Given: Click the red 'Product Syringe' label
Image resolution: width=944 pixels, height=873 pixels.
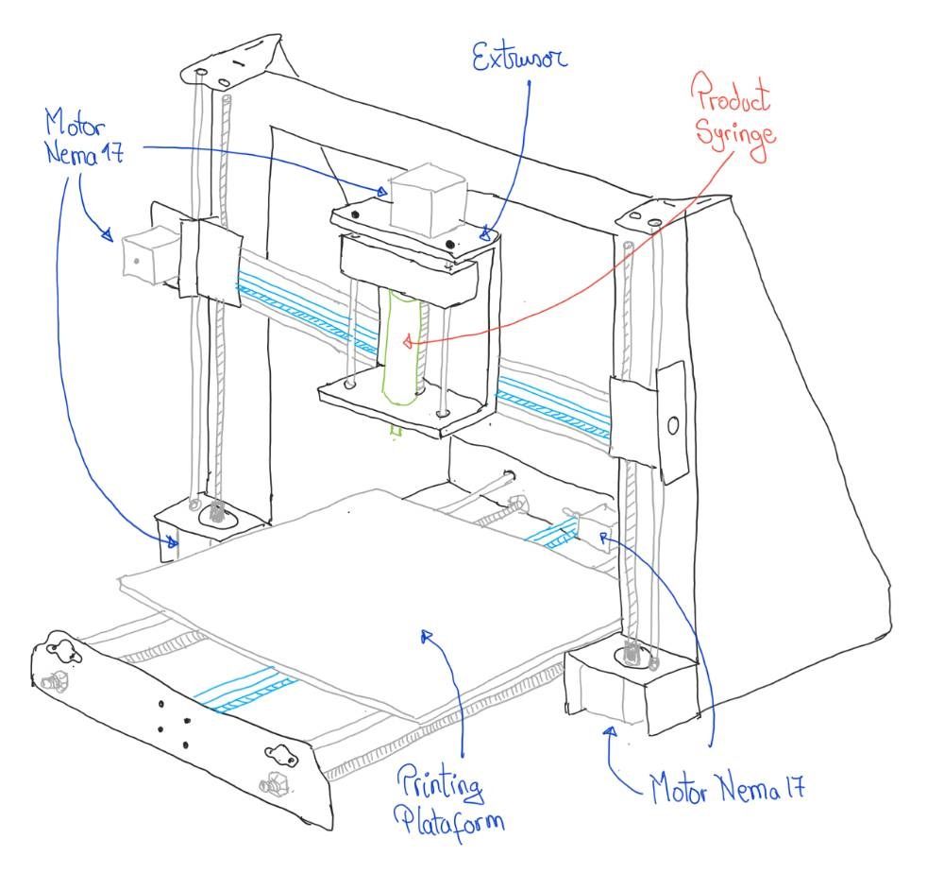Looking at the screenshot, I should coord(733,113).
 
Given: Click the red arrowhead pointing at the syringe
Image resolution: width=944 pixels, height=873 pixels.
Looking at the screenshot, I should coord(407,339).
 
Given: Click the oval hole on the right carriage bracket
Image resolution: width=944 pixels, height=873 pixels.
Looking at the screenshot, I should coord(673,425).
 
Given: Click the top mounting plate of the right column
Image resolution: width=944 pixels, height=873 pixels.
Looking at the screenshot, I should coord(646,214).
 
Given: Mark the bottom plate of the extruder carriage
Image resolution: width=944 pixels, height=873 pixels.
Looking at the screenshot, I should coord(406,404).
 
